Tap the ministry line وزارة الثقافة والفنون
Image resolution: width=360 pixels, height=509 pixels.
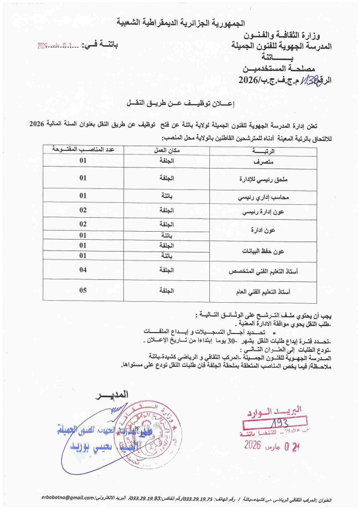click(x=285, y=36)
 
